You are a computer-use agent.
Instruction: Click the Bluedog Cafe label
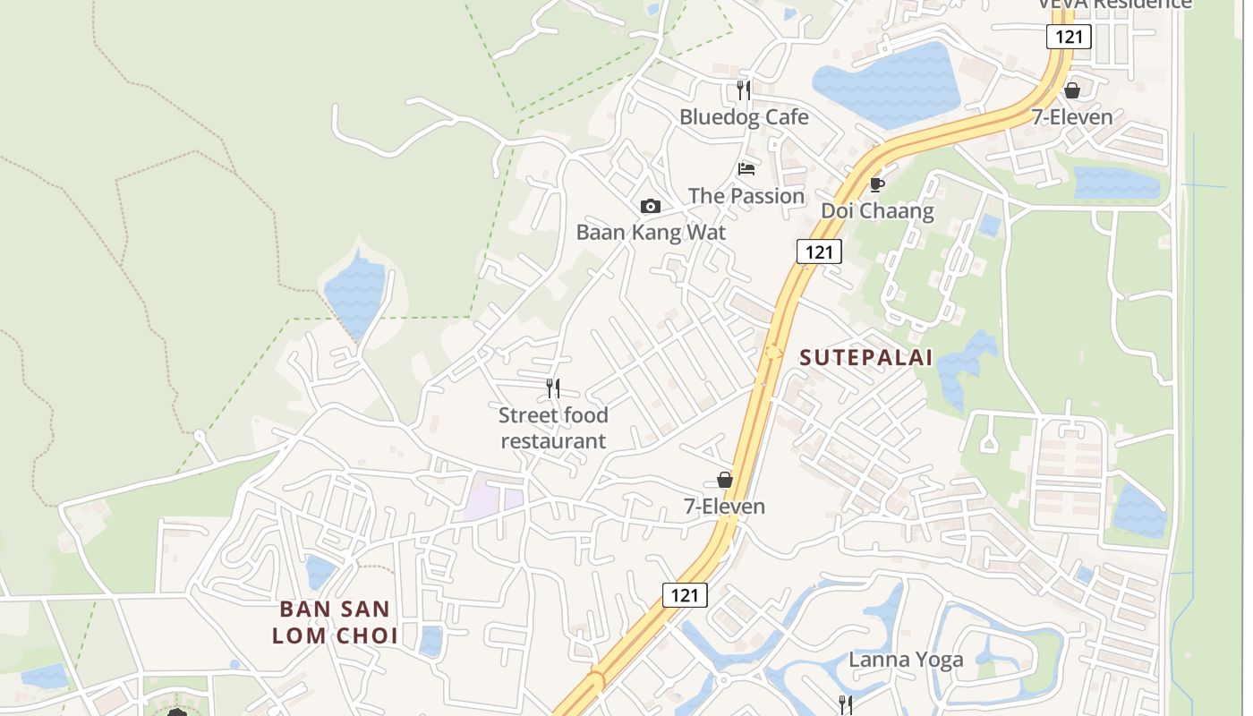(x=744, y=117)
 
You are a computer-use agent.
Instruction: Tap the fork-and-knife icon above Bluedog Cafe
(x=744, y=89)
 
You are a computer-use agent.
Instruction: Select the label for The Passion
(x=746, y=196)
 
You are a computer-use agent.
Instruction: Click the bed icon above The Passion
(x=746, y=168)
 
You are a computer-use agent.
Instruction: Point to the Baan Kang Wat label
(x=651, y=233)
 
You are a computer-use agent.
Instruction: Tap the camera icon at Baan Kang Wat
(x=651, y=207)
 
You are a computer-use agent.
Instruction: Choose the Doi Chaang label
(x=877, y=211)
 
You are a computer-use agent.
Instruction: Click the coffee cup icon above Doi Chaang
(x=877, y=184)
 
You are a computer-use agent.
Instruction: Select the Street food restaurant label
(x=553, y=428)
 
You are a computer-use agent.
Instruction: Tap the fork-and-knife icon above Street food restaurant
(x=553, y=388)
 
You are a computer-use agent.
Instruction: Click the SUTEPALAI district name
(x=865, y=358)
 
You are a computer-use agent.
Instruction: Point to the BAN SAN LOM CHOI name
(x=335, y=623)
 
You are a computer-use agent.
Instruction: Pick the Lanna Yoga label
(x=906, y=661)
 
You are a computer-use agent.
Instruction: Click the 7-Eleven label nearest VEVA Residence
(x=1071, y=117)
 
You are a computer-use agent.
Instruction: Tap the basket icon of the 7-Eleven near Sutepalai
(x=725, y=481)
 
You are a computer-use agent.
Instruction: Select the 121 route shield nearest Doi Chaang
(x=819, y=251)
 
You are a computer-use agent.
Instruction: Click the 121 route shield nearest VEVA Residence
(x=1069, y=37)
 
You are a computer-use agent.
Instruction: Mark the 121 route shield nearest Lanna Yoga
(x=685, y=595)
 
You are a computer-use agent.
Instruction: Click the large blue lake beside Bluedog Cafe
(x=886, y=85)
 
